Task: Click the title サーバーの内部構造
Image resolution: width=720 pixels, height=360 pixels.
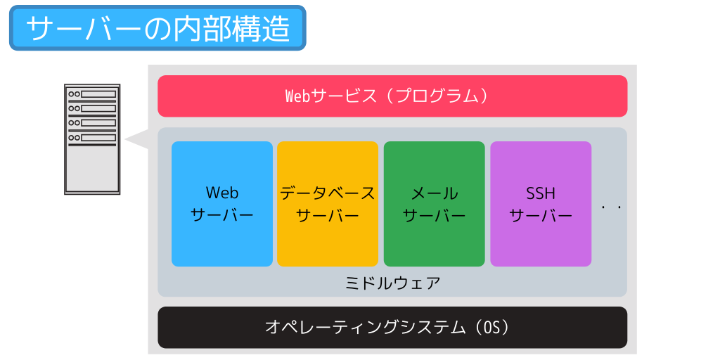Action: pos(157,28)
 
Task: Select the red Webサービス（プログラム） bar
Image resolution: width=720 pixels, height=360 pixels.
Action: pos(392,96)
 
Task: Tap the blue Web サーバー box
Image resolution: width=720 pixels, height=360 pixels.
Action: pos(222,204)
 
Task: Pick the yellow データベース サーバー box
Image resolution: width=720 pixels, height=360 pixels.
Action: pos(328,204)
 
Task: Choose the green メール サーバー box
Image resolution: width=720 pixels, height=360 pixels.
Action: pos(435,204)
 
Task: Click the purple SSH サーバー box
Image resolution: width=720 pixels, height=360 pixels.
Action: pos(541,204)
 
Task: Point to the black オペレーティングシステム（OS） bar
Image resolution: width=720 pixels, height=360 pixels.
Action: pos(392,328)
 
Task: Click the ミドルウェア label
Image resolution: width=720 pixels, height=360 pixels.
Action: pos(392,283)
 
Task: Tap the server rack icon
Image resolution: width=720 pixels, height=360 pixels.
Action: pos(92,139)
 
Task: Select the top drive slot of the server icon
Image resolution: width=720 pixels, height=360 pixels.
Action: pos(92,94)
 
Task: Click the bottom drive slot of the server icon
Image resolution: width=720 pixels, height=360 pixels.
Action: pos(92,137)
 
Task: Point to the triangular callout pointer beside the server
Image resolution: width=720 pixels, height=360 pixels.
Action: pos(137,139)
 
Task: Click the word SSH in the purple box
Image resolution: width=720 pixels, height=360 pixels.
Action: pos(541,193)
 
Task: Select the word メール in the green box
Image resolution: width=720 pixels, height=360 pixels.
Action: pos(435,193)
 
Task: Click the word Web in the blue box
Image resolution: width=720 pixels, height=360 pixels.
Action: pos(222,193)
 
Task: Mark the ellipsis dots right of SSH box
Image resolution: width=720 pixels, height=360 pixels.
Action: pos(612,207)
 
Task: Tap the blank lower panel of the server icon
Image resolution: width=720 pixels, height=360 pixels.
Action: pos(92,169)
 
